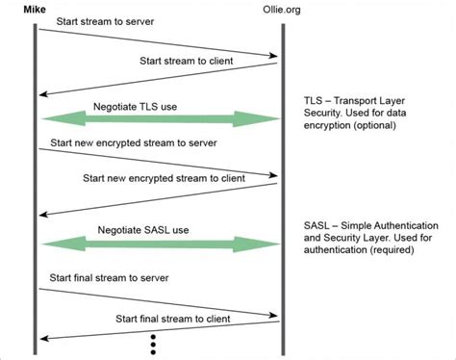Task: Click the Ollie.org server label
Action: (283, 11)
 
